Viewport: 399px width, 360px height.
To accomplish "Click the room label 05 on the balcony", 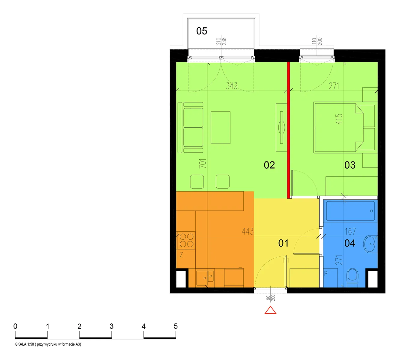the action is coord(202,31).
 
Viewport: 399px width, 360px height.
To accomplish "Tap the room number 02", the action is coord(269,165).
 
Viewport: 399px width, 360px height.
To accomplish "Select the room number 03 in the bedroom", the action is coord(350,165).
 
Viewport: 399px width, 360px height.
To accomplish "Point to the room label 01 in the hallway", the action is coord(283,243).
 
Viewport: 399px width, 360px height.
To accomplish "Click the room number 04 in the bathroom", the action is coord(350,243).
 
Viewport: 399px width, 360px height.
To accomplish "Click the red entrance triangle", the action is coord(271,310).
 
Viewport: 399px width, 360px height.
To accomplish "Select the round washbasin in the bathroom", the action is coord(370,244).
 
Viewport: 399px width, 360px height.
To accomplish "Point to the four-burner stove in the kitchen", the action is coord(187,240).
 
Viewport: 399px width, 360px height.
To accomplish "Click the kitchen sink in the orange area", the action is coord(205,277).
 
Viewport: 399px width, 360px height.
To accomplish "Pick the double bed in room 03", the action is coord(338,127).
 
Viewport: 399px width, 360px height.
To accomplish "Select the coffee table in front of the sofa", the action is coord(220,127).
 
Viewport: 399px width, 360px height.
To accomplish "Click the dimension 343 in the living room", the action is coord(232,86).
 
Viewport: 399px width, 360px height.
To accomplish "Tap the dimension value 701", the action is coord(202,163).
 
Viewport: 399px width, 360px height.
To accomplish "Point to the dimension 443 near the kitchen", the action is coord(248,231).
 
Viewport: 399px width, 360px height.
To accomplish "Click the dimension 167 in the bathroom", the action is coord(350,231).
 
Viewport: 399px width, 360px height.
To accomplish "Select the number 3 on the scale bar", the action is coord(111,326).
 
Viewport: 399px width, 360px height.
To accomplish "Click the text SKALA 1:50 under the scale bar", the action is coord(25,344).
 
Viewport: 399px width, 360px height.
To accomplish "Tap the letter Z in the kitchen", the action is coord(181,255).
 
